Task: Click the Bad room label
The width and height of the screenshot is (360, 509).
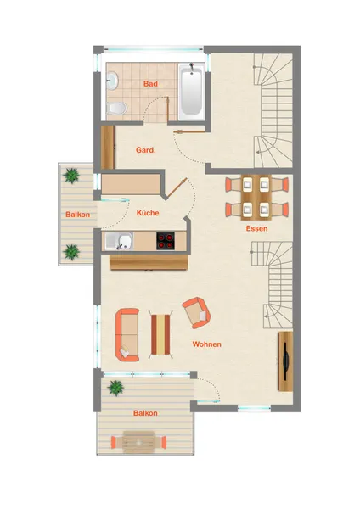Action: point(150,84)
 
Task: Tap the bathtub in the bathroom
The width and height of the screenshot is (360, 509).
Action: point(191,92)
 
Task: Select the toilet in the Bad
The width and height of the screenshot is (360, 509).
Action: point(116,108)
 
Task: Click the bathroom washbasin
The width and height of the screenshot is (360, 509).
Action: point(112,81)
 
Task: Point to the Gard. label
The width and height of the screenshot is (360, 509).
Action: point(145,150)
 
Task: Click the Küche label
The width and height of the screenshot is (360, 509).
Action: point(148,213)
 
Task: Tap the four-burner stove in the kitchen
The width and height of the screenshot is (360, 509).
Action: point(166,241)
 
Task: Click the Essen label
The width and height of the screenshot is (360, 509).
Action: point(256,228)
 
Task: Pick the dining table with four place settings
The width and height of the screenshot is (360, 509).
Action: point(256,197)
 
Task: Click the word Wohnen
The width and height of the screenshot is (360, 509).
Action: point(206,344)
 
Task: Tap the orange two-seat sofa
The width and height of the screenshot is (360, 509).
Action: point(127,335)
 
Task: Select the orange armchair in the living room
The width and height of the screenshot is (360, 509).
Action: point(196,312)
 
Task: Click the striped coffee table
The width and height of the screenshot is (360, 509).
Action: point(160,334)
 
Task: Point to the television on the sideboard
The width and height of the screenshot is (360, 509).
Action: point(285,361)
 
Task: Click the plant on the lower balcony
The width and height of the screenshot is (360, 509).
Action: point(115,388)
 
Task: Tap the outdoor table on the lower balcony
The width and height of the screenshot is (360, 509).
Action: point(138,442)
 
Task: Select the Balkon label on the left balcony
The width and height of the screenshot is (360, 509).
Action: point(77,215)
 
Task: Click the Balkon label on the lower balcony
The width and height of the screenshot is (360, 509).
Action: point(145,413)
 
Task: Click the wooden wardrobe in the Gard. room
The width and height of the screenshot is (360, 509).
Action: point(107,147)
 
